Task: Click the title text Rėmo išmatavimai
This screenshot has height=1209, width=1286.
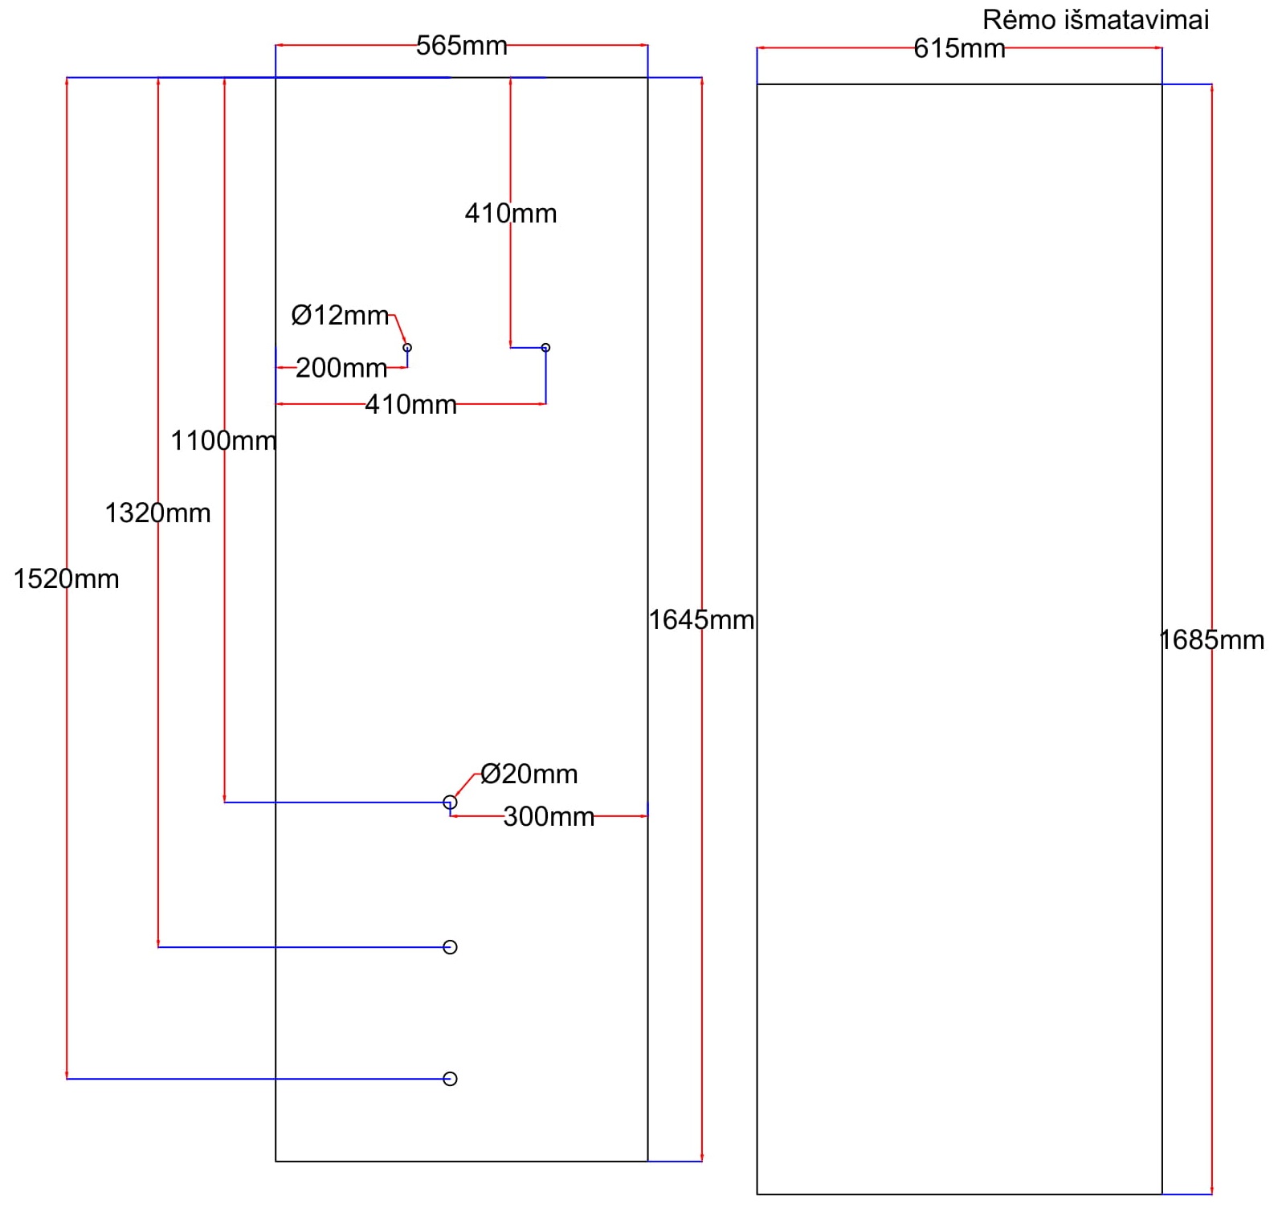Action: [1095, 19]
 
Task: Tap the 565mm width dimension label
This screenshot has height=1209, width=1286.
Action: [461, 46]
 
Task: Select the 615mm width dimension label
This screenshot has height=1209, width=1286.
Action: [959, 49]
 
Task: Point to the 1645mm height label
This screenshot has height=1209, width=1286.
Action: [701, 620]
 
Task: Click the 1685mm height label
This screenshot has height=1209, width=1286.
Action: [1211, 640]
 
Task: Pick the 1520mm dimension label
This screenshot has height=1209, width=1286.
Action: [66, 579]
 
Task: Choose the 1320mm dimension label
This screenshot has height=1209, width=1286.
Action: [157, 513]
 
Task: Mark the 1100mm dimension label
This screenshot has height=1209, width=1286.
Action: [223, 441]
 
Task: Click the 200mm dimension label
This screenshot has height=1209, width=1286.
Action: [341, 368]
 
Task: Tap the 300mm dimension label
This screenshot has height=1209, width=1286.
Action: [549, 817]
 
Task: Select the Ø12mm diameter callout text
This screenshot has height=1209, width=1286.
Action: [340, 315]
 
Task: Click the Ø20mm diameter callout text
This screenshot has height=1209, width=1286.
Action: [529, 774]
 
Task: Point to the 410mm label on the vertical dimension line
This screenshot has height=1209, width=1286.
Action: [511, 214]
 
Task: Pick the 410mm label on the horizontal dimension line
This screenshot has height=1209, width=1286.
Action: [410, 404]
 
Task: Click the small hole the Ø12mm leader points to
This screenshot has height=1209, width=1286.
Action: [407, 348]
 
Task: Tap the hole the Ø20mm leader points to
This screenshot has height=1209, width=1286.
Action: [450, 803]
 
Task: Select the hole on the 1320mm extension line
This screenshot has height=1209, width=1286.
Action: [450, 948]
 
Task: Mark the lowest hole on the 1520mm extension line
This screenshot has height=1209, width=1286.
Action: [450, 1079]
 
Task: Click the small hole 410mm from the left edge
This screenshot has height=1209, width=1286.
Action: [545, 348]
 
